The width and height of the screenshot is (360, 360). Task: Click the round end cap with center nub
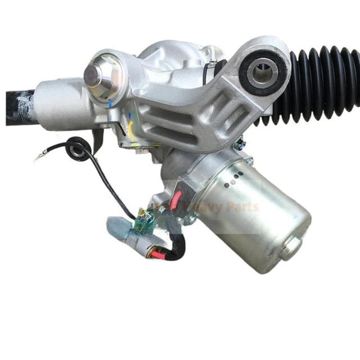96,74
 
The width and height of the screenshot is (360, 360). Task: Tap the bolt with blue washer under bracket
238,146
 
